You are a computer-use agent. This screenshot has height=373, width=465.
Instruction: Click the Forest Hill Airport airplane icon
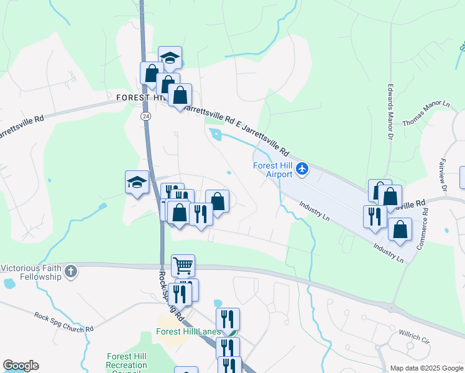(x=302, y=168)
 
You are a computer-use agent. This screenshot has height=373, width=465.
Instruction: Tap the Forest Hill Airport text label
(x=272, y=170)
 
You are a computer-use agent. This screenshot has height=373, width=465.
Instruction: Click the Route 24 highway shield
(x=145, y=116)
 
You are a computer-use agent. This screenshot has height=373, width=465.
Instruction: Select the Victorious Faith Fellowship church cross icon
(x=71, y=270)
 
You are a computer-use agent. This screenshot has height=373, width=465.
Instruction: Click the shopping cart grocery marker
(x=183, y=265)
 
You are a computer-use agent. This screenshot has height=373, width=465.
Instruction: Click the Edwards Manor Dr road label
(x=390, y=111)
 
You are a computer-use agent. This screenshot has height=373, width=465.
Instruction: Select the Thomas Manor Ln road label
(x=426, y=113)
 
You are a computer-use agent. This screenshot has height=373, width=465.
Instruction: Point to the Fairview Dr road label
(x=444, y=174)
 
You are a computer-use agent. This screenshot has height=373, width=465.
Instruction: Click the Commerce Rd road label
(x=423, y=228)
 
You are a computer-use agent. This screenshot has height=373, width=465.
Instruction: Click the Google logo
(x=21, y=366)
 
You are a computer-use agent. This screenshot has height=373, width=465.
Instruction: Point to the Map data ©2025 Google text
(x=425, y=368)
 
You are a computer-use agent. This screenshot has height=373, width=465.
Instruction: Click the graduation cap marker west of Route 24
(x=137, y=182)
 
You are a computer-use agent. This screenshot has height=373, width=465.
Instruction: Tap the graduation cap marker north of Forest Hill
(x=170, y=58)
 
